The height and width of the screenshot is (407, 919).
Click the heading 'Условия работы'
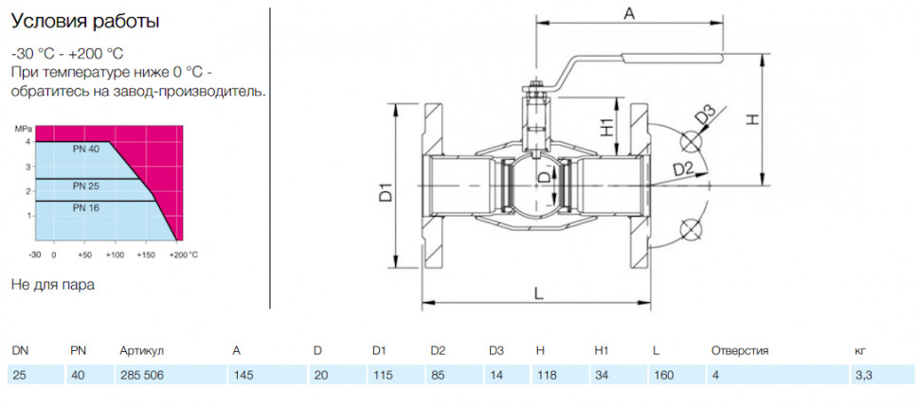(85, 22)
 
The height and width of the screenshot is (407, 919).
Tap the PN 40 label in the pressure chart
(86, 150)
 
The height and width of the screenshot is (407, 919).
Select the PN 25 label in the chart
(86, 186)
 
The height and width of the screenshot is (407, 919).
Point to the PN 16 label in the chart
(86, 208)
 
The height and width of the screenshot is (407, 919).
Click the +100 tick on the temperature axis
(116, 256)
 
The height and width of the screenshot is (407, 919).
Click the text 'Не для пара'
(53, 285)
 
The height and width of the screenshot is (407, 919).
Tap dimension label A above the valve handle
(629, 14)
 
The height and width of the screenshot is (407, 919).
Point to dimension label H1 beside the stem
(606, 127)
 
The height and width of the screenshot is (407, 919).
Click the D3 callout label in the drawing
(706, 115)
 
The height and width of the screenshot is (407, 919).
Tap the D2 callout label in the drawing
(683, 169)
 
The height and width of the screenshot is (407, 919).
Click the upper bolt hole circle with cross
(692, 142)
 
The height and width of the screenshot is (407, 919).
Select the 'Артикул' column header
(141, 351)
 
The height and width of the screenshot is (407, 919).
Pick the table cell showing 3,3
(864, 376)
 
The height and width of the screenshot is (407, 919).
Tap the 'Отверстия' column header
(740, 351)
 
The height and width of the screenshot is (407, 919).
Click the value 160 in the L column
(663, 376)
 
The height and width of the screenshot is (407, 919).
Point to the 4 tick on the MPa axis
(27, 142)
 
